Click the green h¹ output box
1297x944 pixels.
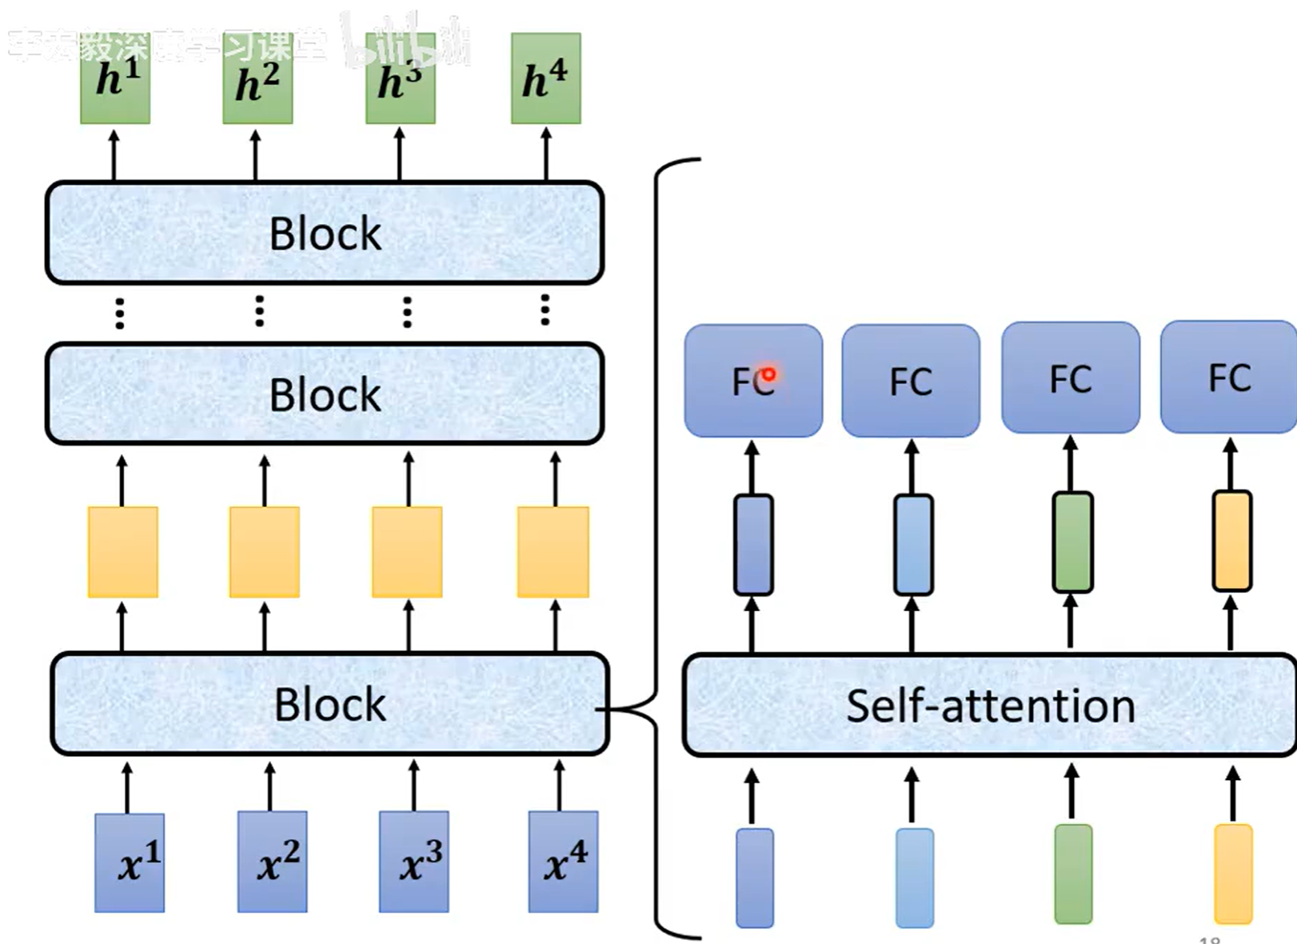(x=115, y=78)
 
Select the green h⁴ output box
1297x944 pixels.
(x=546, y=78)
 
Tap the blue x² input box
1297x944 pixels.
(x=272, y=862)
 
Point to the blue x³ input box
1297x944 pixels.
(x=413, y=862)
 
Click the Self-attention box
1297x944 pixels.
(x=990, y=706)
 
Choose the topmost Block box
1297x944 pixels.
(x=325, y=233)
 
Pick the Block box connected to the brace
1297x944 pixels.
(x=329, y=704)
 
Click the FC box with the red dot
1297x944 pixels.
(x=752, y=381)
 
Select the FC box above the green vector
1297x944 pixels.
(x=1071, y=378)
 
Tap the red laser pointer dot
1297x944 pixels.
(x=768, y=374)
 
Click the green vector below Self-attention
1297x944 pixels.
(x=1073, y=874)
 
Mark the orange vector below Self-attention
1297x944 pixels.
(x=1233, y=874)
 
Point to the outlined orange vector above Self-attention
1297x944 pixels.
(x=1232, y=541)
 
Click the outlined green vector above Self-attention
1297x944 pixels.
(x=1072, y=542)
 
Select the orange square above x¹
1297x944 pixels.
(x=122, y=552)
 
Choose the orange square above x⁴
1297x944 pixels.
(x=553, y=552)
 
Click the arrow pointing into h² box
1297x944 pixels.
(x=256, y=154)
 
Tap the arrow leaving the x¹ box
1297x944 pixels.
(x=127, y=787)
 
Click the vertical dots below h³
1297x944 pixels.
(x=407, y=312)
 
